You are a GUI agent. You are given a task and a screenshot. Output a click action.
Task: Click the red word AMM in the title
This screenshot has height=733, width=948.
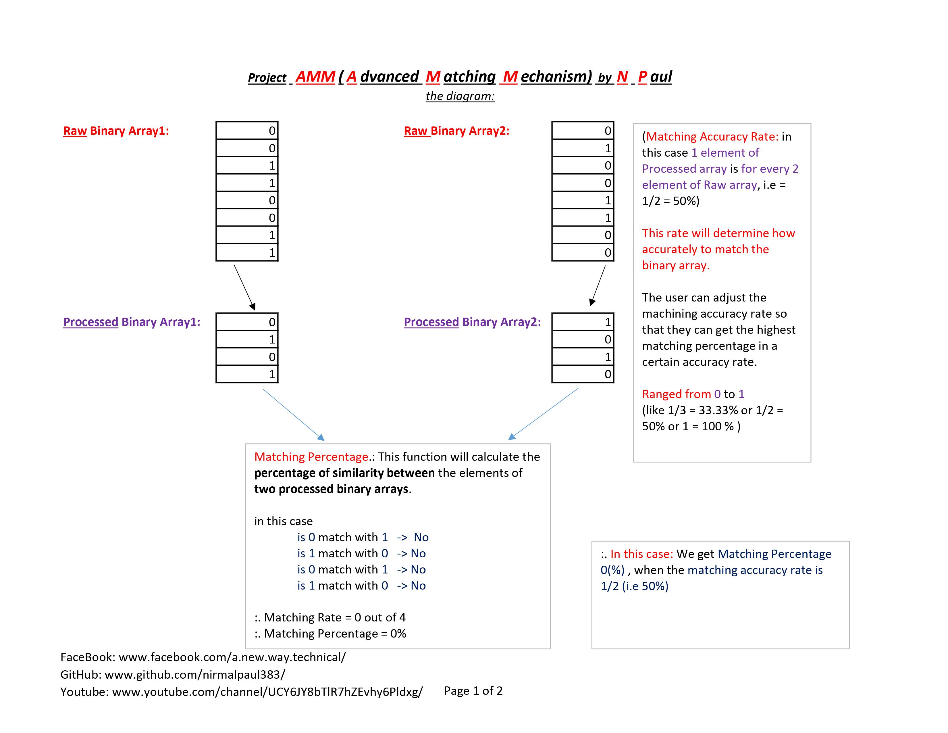315,77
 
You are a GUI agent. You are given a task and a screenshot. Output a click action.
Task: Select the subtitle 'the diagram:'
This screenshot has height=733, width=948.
460,96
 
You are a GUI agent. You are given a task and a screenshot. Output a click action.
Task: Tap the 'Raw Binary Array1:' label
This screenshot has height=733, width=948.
116,131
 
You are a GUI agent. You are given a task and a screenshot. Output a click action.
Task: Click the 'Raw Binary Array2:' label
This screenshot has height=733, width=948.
457,131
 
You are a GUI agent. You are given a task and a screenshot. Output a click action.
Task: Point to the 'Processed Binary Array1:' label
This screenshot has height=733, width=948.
132,322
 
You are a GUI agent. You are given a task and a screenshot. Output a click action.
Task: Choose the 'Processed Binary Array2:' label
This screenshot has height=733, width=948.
472,322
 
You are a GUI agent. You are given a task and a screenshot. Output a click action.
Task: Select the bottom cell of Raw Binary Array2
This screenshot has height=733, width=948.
583,252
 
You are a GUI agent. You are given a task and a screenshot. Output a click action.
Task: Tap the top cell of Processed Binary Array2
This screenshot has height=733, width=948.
583,322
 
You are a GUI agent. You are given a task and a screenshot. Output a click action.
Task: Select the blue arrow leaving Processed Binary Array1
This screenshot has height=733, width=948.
293,414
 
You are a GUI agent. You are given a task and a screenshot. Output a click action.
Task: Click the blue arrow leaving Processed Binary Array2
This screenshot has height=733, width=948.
544,413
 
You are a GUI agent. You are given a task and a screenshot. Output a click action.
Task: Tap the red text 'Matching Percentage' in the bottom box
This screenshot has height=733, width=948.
311,457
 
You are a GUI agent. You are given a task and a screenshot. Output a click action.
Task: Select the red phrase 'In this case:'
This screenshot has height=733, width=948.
641,554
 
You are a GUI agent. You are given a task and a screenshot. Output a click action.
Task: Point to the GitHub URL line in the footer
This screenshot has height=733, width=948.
173,674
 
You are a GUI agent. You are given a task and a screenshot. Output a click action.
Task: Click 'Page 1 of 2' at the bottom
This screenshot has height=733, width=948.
473,691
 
